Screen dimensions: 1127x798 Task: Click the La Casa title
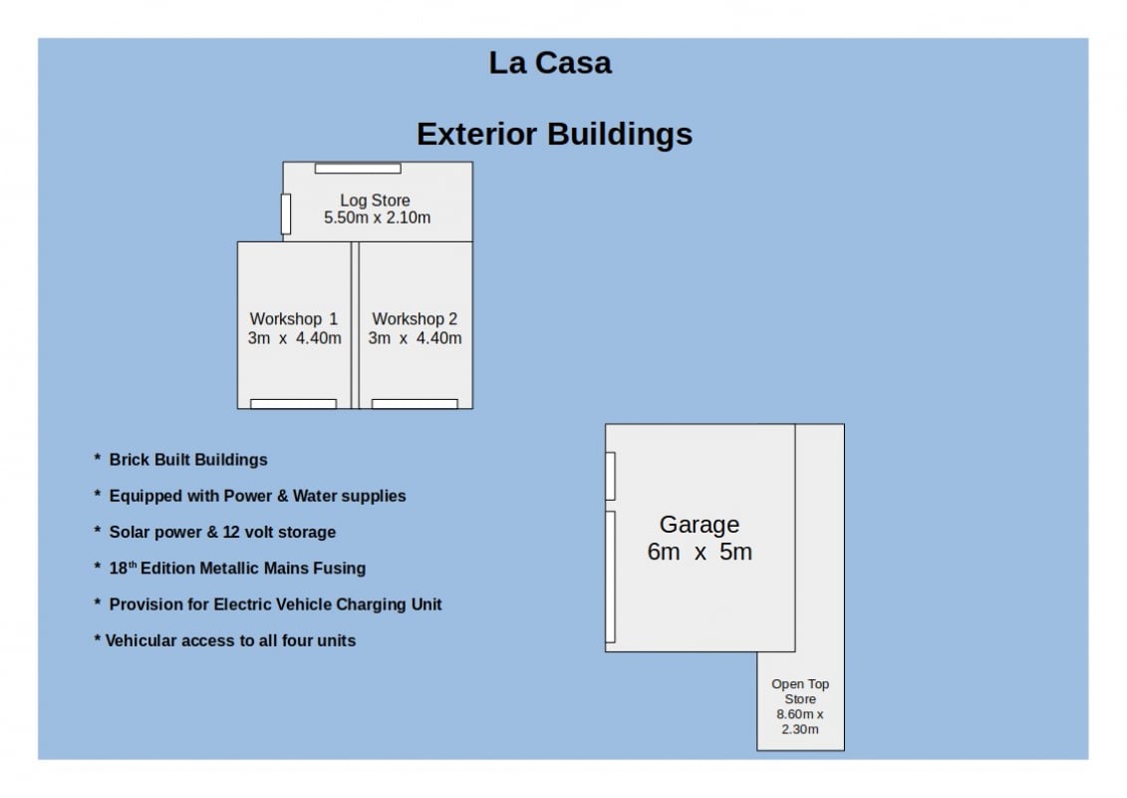[550, 63]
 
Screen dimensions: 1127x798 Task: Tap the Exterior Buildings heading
[554, 134]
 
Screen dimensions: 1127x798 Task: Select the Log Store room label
[376, 200]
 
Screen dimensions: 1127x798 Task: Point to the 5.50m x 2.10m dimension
[378, 217]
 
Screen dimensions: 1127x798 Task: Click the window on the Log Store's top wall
[358, 169]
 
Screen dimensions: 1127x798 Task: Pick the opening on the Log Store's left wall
[285, 213]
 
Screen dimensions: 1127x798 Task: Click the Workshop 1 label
[293, 319]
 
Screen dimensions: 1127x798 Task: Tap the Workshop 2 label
[415, 319]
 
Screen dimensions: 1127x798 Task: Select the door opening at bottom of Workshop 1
[293, 404]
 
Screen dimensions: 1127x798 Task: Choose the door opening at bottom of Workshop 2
[415, 404]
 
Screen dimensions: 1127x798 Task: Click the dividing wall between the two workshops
[355, 325]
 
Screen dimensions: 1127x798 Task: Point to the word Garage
[700, 525]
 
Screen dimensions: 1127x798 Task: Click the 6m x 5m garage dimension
[700, 552]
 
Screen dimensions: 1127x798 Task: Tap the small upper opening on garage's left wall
[610, 476]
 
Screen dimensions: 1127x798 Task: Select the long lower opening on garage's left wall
[610, 577]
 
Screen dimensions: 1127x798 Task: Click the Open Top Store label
[800, 691]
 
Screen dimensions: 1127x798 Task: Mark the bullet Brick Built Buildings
[180, 460]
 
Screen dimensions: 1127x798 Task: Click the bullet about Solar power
[215, 533]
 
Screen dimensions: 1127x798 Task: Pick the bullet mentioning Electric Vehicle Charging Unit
[267, 604]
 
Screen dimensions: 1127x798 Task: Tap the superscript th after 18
[133, 565]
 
